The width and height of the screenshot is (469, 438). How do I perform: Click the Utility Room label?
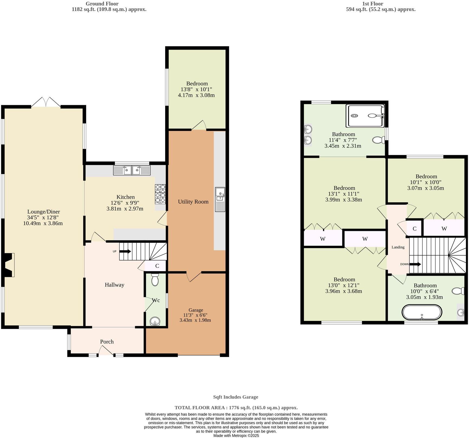[193, 202]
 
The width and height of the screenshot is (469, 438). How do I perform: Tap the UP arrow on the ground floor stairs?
[125, 252]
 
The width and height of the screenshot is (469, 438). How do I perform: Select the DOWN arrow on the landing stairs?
[415, 264]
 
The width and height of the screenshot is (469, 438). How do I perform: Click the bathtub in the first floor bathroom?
[422, 313]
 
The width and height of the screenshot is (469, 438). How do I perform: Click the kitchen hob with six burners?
[160, 194]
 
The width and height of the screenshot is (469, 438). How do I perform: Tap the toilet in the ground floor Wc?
[155, 280]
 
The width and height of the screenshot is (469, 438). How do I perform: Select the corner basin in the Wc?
[155, 321]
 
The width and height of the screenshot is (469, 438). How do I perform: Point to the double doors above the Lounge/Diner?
[46, 102]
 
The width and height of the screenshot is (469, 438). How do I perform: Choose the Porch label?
[107, 342]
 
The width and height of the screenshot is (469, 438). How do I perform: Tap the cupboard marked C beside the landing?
[414, 229]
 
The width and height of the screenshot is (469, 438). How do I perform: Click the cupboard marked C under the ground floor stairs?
[157, 266]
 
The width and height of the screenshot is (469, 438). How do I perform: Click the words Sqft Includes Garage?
[236, 397]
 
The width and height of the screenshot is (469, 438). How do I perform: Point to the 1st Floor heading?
[372, 4]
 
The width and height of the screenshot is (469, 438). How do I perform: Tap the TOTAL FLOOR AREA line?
[236, 408]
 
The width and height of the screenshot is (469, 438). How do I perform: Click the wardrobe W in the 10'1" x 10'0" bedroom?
[444, 229]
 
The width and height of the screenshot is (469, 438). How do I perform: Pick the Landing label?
[398, 247]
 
